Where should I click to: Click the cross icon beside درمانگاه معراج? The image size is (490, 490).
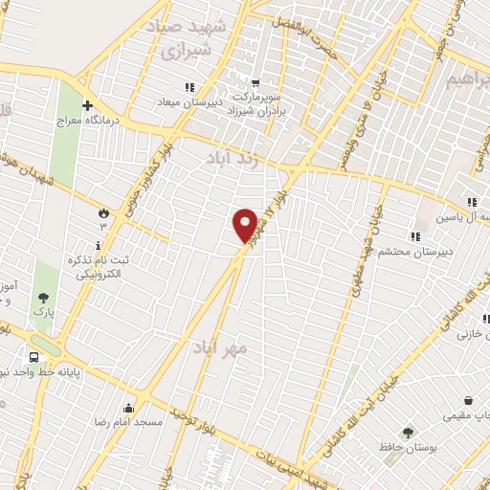tap(87, 105)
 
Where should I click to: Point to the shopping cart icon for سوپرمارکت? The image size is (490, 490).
tap(254, 83)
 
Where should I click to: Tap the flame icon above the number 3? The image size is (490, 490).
tap(103, 212)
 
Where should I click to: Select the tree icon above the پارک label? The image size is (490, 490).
tap(42, 298)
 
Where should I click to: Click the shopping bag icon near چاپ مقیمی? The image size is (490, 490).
tap(469, 402)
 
